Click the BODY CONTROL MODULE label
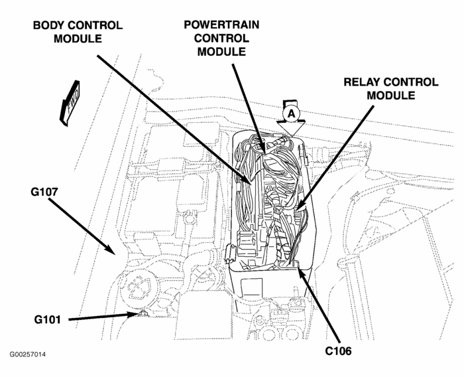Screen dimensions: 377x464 [78, 31]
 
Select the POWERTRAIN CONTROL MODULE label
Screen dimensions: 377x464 [222, 38]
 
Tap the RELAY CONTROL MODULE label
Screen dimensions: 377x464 [390, 88]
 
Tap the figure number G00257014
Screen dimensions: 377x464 [28, 354]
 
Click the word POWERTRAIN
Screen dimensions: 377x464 [222, 25]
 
